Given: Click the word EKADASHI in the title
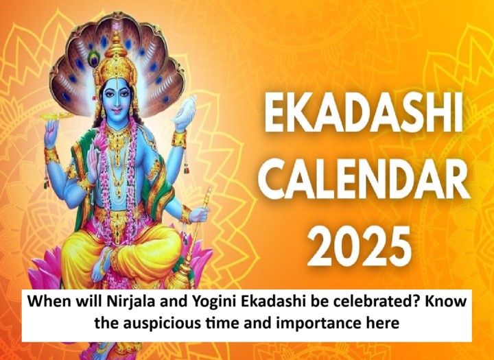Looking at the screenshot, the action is coord(364,115).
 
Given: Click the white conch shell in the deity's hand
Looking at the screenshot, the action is coord(186,109).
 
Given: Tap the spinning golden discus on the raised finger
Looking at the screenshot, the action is coord(57,116).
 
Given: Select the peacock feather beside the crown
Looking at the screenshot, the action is coord(93,58).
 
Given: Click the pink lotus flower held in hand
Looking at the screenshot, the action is coord(100,143).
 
